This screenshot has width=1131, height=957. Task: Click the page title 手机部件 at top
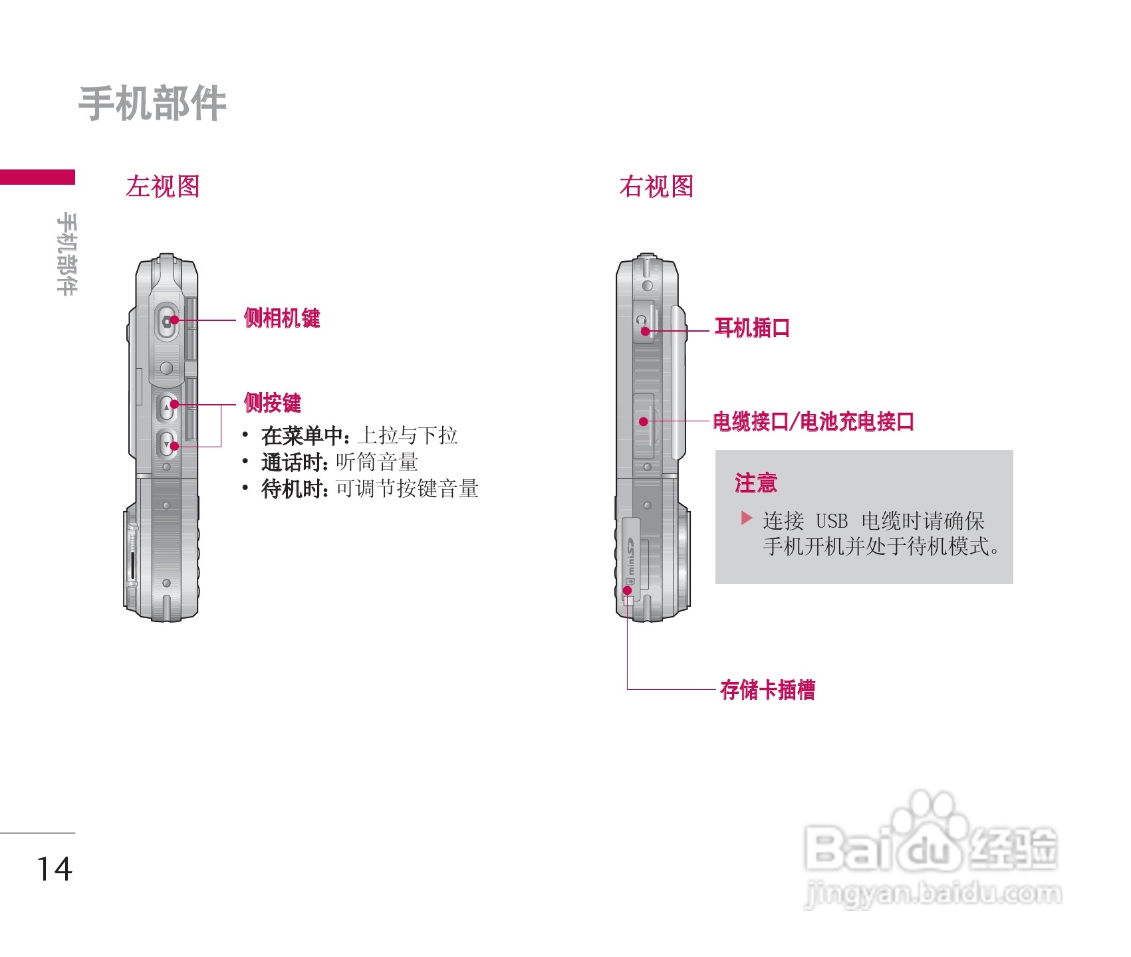(x=152, y=104)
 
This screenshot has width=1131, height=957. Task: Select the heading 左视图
(x=163, y=187)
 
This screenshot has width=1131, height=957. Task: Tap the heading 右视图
(x=656, y=187)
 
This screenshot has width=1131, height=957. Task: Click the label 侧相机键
(x=282, y=318)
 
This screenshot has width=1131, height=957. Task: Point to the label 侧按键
(x=273, y=403)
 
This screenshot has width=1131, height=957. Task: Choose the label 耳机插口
(x=752, y=328)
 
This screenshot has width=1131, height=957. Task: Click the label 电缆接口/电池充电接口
(x=813, y=421)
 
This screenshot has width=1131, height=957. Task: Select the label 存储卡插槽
(x=768, y=690)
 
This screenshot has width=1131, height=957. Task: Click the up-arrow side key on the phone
(x=166, y=407)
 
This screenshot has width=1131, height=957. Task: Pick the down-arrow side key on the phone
(x=166, y=443)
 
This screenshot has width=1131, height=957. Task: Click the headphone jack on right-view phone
(x=643, y=322)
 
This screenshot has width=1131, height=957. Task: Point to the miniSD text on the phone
(x=630, y=557)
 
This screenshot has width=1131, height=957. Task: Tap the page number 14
(x=54, y=869)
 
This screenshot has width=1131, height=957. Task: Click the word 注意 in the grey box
(x=756, y=482)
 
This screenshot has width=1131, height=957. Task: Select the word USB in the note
(x=831, y=520)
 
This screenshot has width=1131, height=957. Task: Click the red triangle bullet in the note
(x=747, y=518)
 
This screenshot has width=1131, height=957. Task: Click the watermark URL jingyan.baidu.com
(x=933, y=894)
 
